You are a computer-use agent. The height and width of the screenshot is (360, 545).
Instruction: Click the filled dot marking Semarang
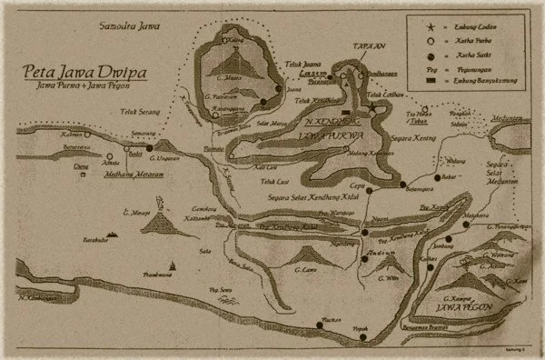148,145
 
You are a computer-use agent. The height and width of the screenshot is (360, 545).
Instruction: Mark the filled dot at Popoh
364,337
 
